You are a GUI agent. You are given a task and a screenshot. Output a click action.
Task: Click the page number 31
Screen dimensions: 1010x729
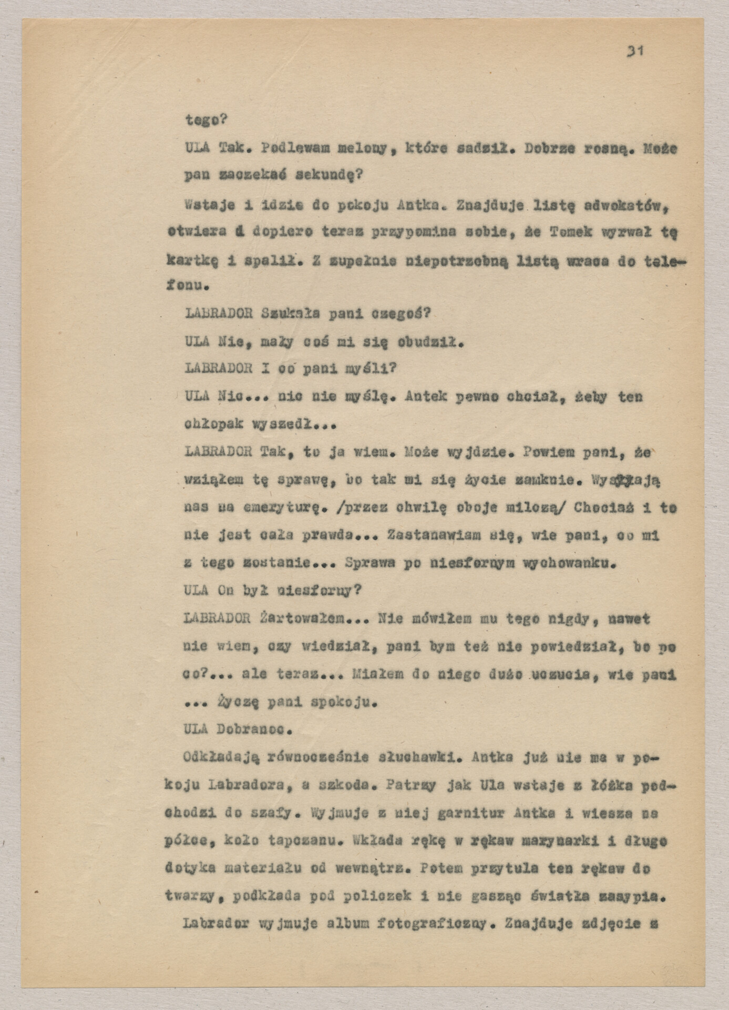(635, 51)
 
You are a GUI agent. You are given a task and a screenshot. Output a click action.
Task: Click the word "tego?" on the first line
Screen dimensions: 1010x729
(206, 120)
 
